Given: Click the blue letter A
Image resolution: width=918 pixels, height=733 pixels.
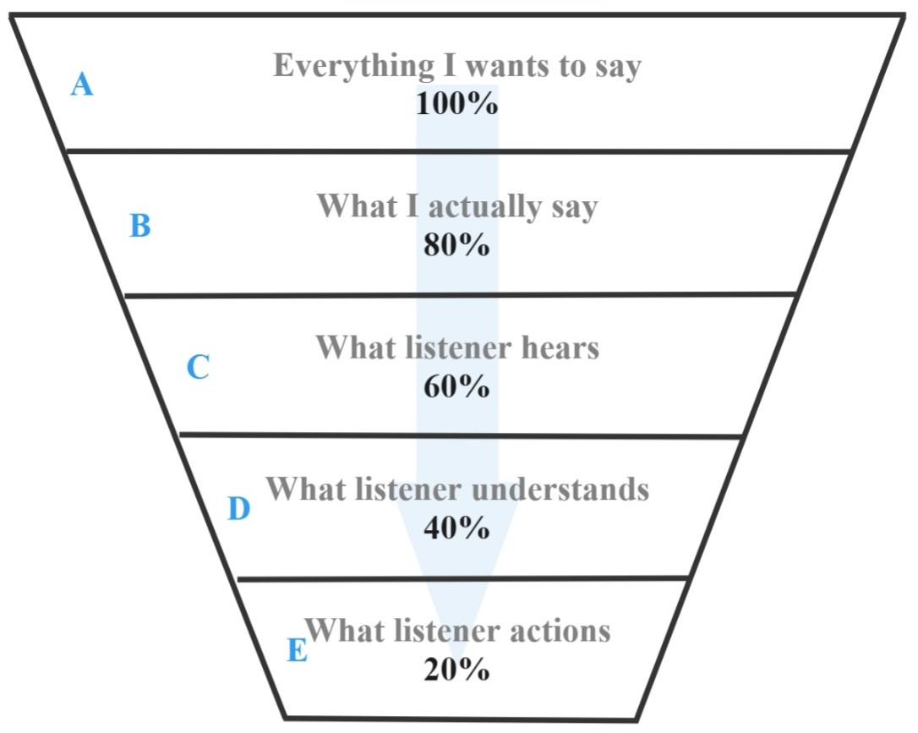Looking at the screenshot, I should coord(81,85).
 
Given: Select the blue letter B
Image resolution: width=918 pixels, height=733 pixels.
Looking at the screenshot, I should coord(140,226).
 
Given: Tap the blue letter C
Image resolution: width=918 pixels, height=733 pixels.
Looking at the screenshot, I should coord(197,368).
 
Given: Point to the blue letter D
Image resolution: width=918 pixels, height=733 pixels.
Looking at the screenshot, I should coord(239,509).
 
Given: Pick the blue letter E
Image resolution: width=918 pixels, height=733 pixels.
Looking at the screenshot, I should coord(297,651).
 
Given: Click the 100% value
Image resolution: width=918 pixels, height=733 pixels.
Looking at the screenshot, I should coord(456,103).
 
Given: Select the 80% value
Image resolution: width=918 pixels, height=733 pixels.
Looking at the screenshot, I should coord(456,245).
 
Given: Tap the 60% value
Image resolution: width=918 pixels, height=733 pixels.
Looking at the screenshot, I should coord(456,386).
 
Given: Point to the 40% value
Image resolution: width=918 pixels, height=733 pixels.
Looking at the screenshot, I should coord(456,528).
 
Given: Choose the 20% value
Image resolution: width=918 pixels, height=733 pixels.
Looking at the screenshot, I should coord(456,670).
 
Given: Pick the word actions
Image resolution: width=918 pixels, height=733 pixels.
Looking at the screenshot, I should coord(561,630).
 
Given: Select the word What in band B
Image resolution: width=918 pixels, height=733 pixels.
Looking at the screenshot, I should coord(354,207).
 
